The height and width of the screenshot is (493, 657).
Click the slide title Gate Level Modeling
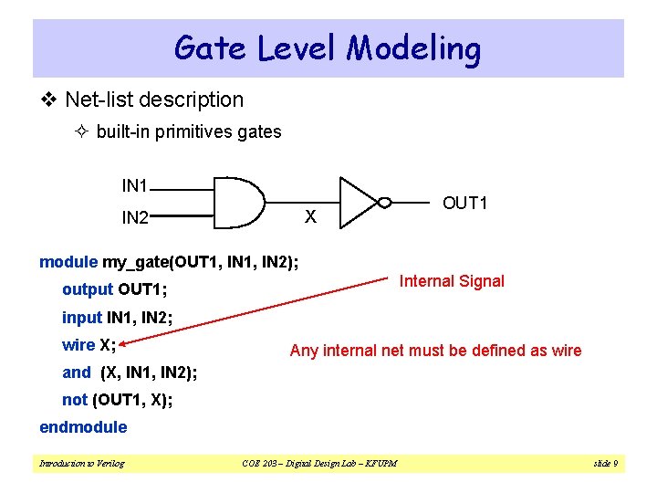tap(328, 47)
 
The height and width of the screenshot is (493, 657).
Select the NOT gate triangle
tap(357, 202)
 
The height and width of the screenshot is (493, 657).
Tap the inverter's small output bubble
tap(384, 203)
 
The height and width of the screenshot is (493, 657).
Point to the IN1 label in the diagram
tap(135, 186)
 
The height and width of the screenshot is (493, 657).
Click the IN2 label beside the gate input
tap(135, 218)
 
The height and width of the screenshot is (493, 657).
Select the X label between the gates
tap(310, 217)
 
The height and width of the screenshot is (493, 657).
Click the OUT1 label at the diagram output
tap(464, 203)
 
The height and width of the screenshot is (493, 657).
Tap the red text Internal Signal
tap(452, 281)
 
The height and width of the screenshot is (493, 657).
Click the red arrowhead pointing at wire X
tap(125, 343)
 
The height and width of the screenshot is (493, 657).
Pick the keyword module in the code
tap(68, 263)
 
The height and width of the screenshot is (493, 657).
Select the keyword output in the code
tap(88, 290)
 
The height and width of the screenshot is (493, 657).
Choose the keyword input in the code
tap(82, 318)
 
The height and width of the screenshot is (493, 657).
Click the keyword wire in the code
tap(78, 345)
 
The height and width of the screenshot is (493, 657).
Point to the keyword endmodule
tap(83, 427)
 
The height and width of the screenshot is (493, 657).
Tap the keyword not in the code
tap(74, 400)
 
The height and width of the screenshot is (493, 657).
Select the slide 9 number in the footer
tap(605, 464)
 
